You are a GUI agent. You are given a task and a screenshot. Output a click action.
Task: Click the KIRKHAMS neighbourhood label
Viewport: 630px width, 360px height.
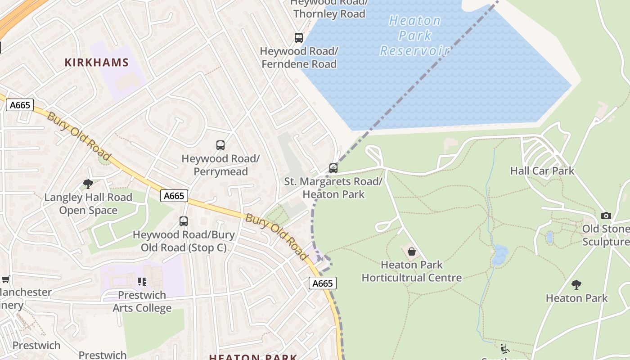point(97,63)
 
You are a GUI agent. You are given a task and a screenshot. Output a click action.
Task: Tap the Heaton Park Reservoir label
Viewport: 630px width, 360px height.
point(414,36)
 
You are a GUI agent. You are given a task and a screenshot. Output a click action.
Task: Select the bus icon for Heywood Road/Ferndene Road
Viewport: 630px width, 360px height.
point(299,38)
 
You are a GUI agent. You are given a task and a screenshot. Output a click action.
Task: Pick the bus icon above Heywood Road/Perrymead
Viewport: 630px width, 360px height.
point(220,145)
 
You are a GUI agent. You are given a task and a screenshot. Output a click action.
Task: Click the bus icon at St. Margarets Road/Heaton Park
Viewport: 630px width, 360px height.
point(333,168)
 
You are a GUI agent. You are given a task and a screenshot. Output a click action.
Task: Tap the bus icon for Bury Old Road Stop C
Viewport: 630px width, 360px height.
point(184,221)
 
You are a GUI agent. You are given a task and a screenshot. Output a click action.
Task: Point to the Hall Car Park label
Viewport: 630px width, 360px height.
point(542,171)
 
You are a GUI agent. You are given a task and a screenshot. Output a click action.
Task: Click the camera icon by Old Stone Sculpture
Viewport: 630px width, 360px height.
point(606,216)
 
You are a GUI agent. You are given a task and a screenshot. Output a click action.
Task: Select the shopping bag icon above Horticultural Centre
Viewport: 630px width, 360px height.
point(411,252)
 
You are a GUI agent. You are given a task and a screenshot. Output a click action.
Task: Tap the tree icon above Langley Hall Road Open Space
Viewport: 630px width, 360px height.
point(88,184)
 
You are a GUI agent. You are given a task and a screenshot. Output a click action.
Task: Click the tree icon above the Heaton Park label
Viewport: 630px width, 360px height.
point(576,285)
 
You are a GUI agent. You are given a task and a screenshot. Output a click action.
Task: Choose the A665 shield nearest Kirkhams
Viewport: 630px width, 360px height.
point(20,105)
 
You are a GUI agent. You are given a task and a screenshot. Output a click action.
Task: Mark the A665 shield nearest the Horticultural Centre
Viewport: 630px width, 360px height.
point(323,283)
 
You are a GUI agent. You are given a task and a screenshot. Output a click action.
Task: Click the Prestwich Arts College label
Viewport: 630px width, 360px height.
point(142,301)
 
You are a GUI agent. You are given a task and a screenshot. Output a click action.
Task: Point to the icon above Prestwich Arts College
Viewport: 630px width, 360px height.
point(142,282)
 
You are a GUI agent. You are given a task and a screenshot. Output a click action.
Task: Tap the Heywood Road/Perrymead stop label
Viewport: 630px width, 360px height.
point(220,165)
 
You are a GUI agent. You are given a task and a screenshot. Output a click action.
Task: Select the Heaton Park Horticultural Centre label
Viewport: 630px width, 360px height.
point(412,271)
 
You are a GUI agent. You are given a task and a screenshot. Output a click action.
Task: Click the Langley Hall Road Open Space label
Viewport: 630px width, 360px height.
point(88,204)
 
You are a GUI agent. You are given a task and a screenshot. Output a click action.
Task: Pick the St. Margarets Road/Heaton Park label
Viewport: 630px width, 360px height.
point(333,188)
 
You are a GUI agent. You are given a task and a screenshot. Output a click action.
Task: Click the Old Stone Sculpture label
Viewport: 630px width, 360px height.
point(606,235)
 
